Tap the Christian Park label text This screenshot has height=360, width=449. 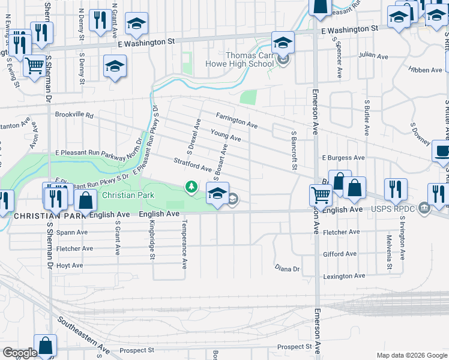pyautogui.click(x=128, y=195)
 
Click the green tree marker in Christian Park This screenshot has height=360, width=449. pyautogui.click(x=191, y=188)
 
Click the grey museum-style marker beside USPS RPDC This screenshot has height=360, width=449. pyautogui.click(x=424, y=209)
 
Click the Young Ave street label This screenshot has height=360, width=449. pyautogui.click(x=226, y=135)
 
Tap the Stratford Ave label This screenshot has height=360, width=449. pyautogui.click(x=192, y=164)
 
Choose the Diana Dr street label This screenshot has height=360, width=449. pyautogui.click(x=287, y=268)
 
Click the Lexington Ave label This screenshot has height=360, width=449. pyautogui.click(x=344, y=276)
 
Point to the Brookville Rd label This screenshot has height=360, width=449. pyautogui.click(x=74, y=114)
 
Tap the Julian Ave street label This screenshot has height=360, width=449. pyautogui.click(x=373, y=55)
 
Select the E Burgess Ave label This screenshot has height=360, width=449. pyautogui.click(x=343, y=158)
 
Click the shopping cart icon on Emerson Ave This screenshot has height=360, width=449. pyautogui.click(x=321, y=194)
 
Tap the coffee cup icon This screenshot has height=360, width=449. pyautogui.click(x=443, y=151)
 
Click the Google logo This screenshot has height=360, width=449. pyautogui.click(x=20, y=353)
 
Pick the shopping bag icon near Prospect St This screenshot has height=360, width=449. pyautogui.click(x=46, y=344)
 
